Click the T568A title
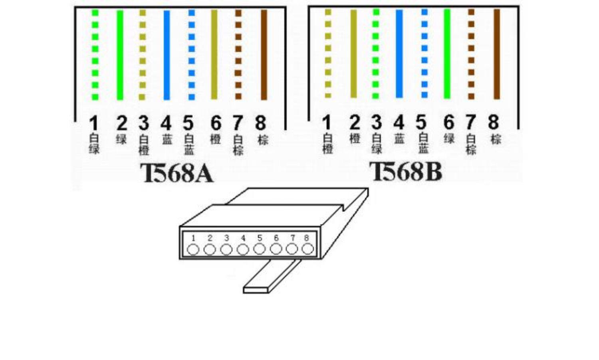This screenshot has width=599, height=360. (177, 173)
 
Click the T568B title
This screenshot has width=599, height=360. (406, 172)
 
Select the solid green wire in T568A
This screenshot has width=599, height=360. (120, 55)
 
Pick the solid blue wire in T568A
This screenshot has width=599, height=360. (167, 55)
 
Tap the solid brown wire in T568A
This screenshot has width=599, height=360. (264, 55)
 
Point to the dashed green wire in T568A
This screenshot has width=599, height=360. (95, 55)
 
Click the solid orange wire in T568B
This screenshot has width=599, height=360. (353, 54)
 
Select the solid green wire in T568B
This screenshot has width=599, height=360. (447, 54)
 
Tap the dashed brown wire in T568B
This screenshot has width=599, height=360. (471, 54)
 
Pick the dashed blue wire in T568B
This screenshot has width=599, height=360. (424, 54)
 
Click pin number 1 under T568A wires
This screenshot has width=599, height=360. (93, 123)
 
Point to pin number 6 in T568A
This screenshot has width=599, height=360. (216, 123)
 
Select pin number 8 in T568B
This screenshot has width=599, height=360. (494, 122)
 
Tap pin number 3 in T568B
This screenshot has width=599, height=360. (376, 122)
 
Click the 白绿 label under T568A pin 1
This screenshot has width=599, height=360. (94, 144)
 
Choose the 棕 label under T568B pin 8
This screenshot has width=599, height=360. (496, 139)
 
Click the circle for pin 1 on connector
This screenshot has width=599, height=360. (193, 249)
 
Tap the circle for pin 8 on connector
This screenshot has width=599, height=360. (307, 249)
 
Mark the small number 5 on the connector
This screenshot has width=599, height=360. (260, 238)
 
